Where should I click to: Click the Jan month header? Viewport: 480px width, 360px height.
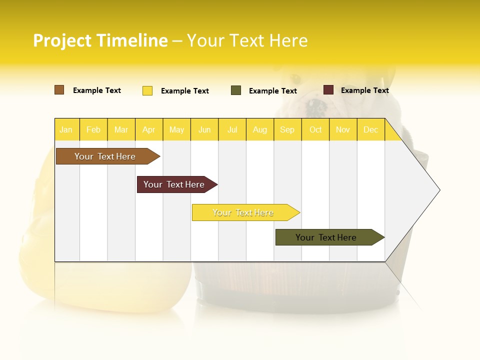(66, 129)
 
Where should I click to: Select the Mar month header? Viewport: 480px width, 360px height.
(121, 129)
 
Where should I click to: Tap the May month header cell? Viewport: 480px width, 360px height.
(176, 129)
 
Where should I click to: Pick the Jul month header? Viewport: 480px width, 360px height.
(232, 129)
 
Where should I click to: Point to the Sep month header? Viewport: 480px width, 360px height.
(287, 129)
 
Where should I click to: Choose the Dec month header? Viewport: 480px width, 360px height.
(370, 129)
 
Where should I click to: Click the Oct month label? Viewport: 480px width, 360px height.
(315, 129)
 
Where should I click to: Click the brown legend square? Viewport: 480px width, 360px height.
(59, 90)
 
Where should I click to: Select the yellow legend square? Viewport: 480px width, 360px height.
(147, 90)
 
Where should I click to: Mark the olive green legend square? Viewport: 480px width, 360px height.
(236, 90)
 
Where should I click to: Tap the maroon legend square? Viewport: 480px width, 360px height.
(328, 90)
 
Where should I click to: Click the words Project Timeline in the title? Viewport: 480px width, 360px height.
(100, 40)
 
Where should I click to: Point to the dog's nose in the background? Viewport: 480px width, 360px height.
(316, 105)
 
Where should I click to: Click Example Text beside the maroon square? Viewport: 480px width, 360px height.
(364, 90)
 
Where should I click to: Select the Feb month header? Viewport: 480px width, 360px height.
(93, 129)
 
